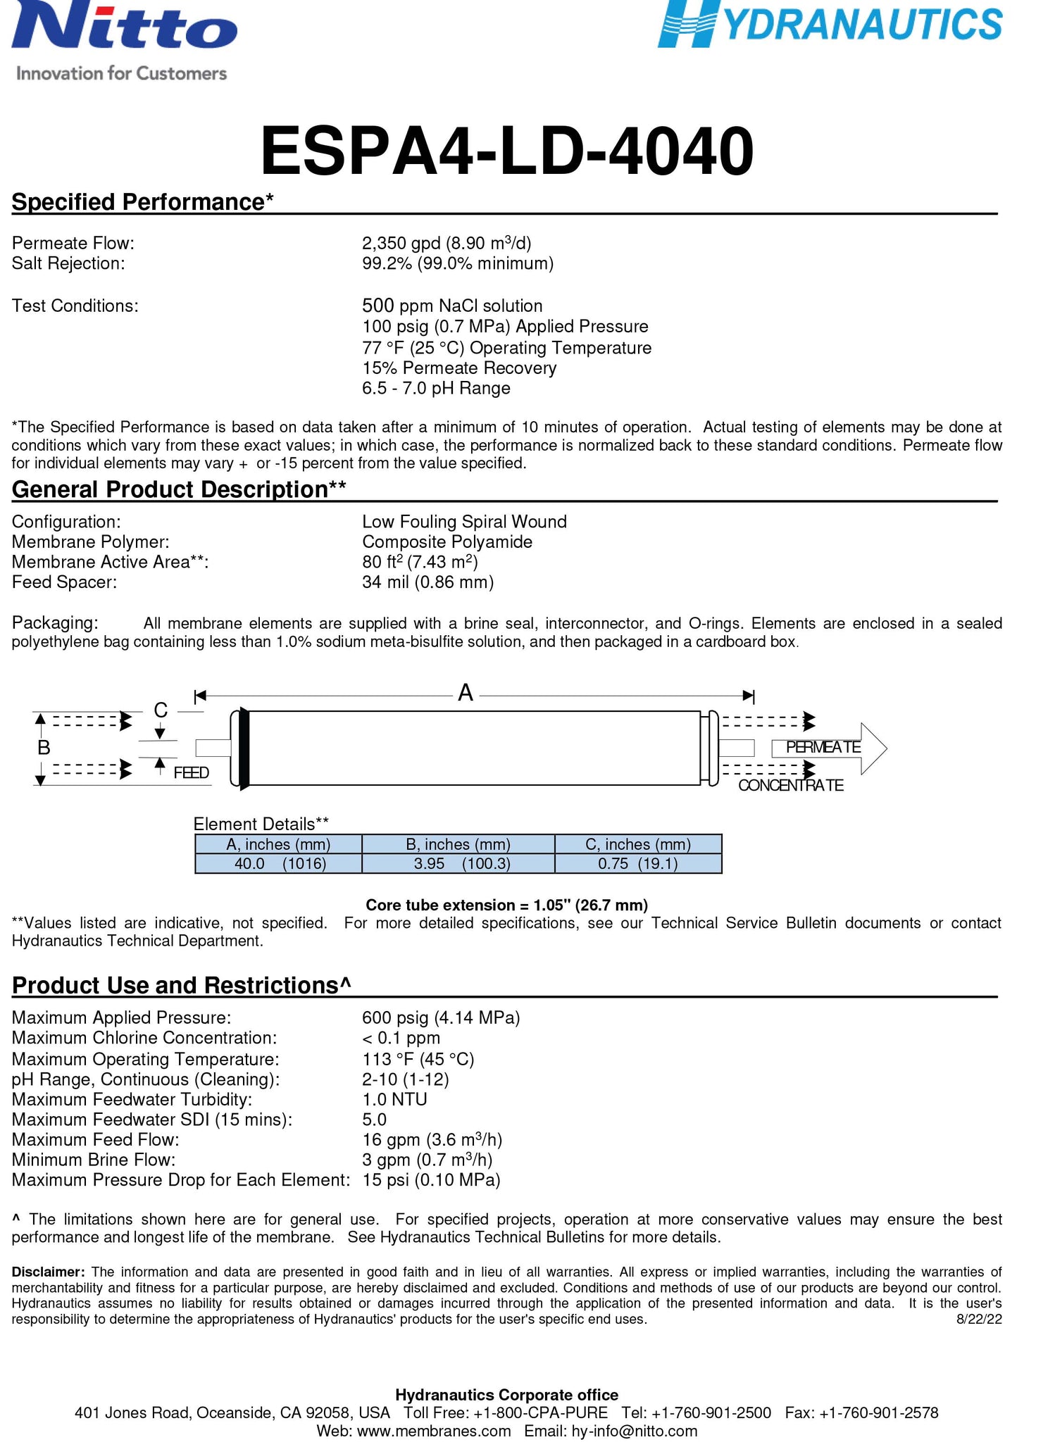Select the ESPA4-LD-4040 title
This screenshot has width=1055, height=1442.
pyautogui.click(x=506, y=151)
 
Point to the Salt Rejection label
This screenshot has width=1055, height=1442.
pyautogui.click(x=68, y=263)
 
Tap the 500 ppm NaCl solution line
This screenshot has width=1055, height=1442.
pyautogui.click(x=452, y=306)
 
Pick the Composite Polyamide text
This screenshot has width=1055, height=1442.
pyautogui.click(x=447, y=541)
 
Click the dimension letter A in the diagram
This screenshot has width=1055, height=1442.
pyautogui.click(x=466, y=694)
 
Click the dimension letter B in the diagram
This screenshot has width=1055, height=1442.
pyautogui.click(x=44, y=747)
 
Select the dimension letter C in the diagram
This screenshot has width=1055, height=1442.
pyautogui.click(x=161, y=710)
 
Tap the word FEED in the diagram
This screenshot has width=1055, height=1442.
pyautogui.click(x=192, y=773)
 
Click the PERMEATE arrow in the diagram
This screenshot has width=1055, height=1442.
pyautogui.click(x=828, y=747)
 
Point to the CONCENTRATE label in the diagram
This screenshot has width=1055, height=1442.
pyautogui.click(x=791, y=785)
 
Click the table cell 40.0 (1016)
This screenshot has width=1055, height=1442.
pyautogui.click(x=279, y=863)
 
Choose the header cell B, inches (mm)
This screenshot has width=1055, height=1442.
pyautogui.click(x=458, y=844)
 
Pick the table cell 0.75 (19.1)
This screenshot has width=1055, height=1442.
pyautogui.click(x=638, y=863)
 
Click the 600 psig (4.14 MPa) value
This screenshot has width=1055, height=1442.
pyautogui.click(x=441, y=1017)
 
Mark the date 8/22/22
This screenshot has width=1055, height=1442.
pyautogui.click(x=979, y=1319)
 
